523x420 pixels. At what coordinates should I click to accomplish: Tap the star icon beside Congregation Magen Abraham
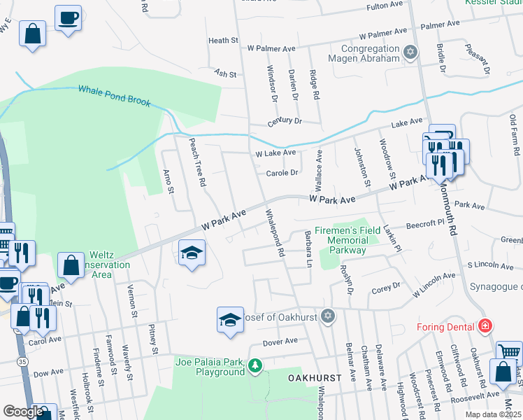[410, 52]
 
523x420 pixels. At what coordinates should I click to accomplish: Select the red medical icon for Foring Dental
[484, 326]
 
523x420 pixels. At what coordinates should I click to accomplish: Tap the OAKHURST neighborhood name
[314, 378]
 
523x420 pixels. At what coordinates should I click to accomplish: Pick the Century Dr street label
[284, 121]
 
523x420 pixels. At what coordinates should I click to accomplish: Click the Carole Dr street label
[282, 173]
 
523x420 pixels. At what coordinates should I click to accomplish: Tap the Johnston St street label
[362, 167]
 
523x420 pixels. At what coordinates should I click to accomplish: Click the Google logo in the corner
[23, 412]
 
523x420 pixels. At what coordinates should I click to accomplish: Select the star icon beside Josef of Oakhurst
[326, 317]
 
